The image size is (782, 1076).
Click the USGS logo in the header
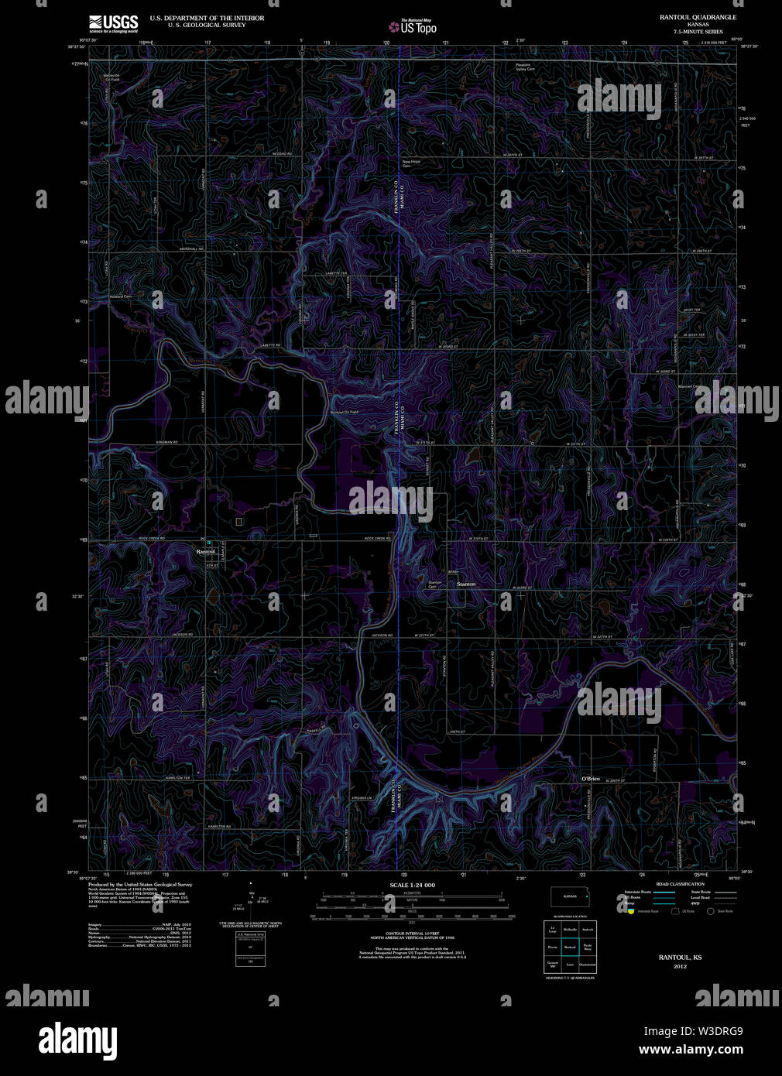click(113, 22)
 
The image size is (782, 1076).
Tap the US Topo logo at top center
click(413, 26)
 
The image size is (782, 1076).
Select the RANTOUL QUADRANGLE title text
click(698, 16)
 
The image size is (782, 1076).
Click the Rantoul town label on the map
click(205, 551)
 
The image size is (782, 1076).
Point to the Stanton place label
click(466, 584)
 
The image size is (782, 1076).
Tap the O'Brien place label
click(591, 778)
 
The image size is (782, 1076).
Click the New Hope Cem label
click(410, 163)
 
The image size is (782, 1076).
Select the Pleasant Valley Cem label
click(526, 67)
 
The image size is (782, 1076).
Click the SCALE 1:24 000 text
click(412, 885)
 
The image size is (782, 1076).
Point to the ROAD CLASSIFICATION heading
click(680, 883)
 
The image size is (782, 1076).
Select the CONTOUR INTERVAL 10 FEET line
click(412, 934)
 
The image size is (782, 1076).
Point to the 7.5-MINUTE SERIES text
click(698, 31)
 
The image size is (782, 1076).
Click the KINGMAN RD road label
click(167, 442)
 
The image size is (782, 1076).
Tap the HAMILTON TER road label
click(177, 778)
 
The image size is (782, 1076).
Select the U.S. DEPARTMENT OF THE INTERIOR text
click(207, 18)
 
